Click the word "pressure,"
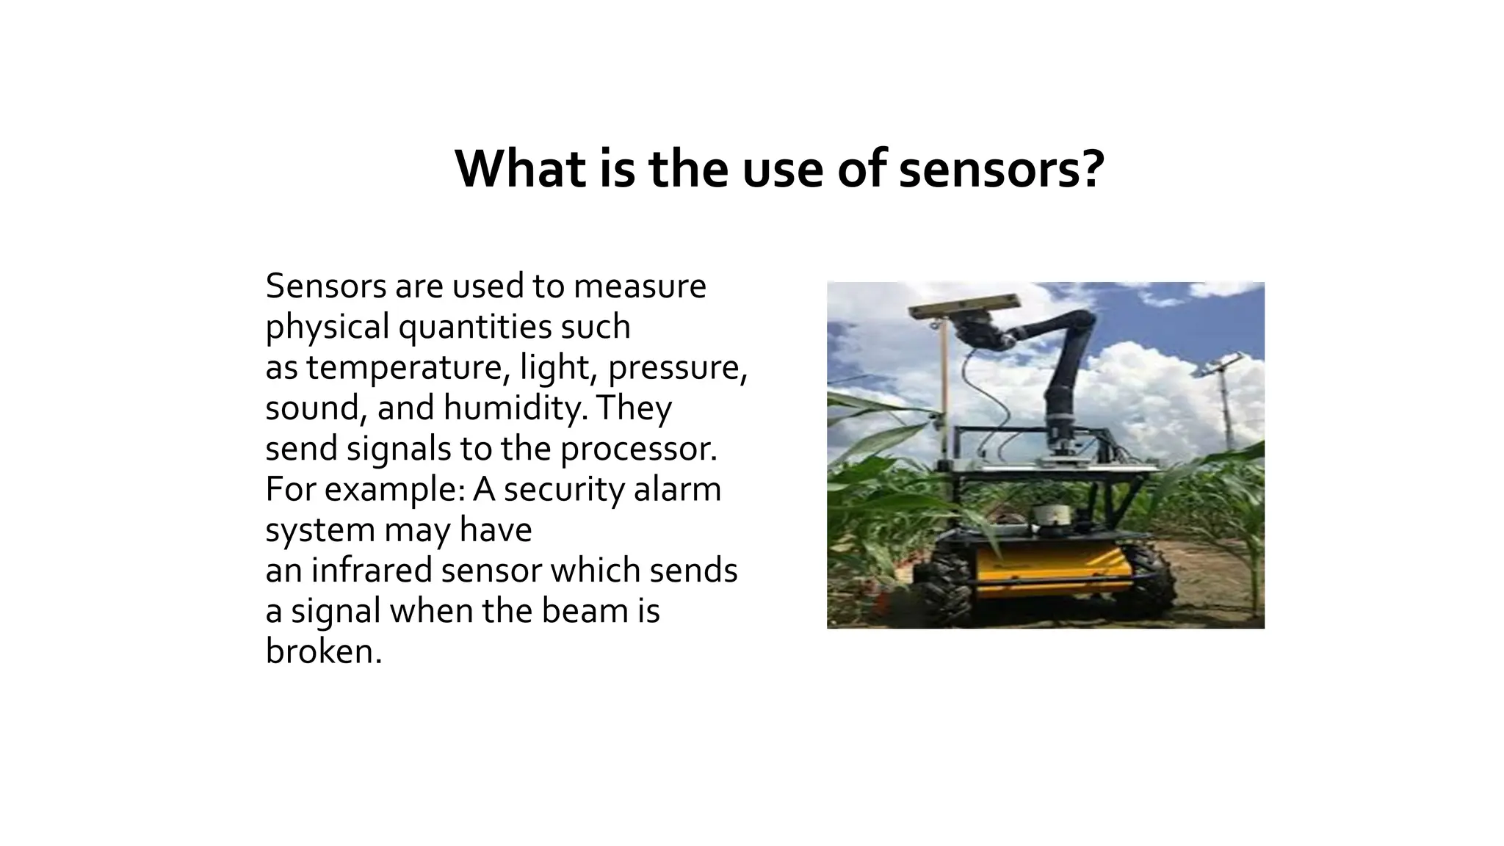click(677, 366)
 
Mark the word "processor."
click(639, 448)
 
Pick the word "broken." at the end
click(324, 651)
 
